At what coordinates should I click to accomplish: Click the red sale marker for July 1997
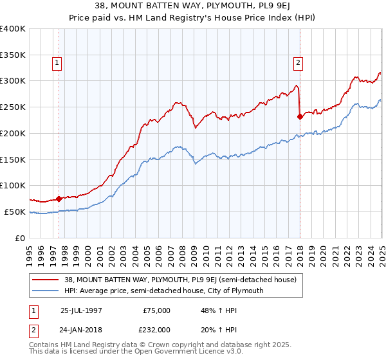coord(59,199)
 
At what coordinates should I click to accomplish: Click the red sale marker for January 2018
coord(300,116)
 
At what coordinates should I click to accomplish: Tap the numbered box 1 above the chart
coord(57,63)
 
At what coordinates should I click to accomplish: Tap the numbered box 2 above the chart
coord(299,63)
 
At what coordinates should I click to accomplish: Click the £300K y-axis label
coord(13,81)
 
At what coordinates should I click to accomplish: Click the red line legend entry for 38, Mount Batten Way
coord(180,280)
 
